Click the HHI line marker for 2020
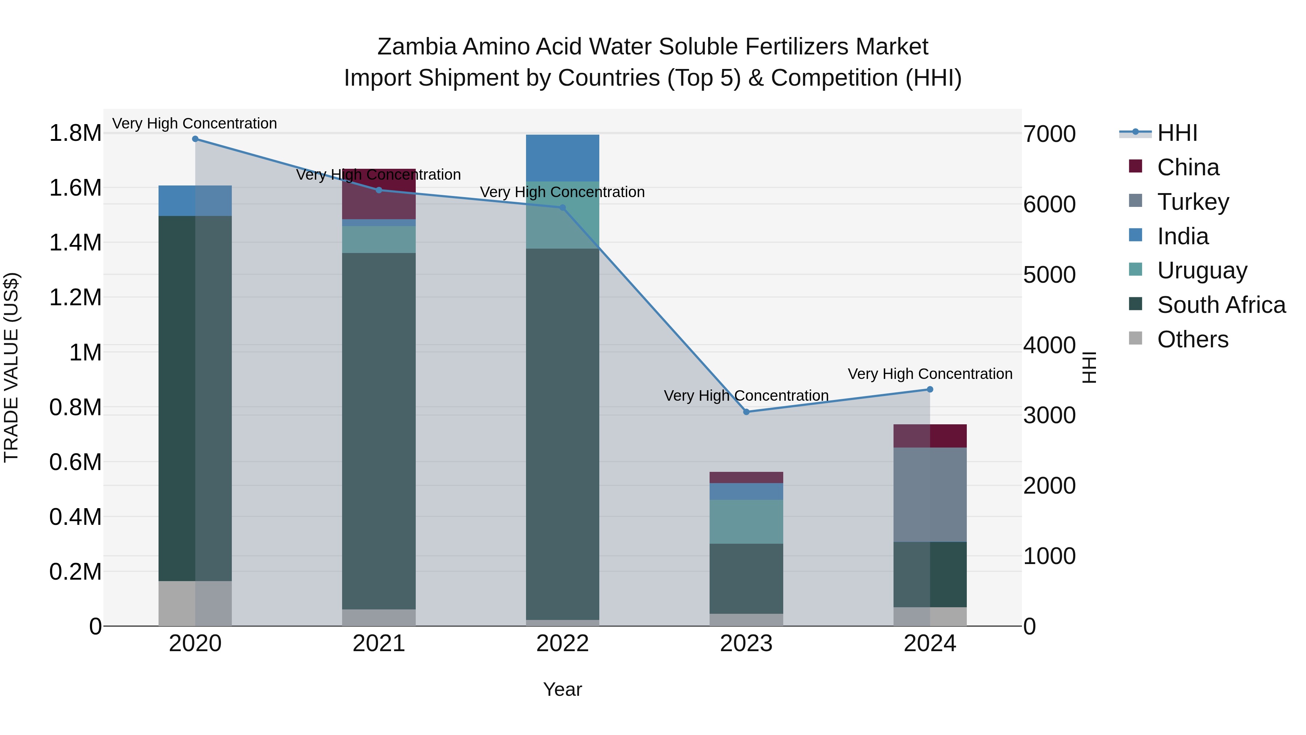[x=195, y=139]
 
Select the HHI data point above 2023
[x=746, y=412]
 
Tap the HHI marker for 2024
[x=930, y=389]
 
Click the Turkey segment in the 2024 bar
[x=930, y=495]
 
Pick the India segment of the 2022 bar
[x=562, y=158]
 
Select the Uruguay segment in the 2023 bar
[x=746, y=522]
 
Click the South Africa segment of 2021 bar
[x=379, y=431]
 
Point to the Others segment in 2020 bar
[x=195, y=603]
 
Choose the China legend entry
[x=1188, y=167]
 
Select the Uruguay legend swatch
[x=1135, y=269]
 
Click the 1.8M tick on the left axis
[x=75, y=134]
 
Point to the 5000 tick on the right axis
[x=1049, y=274]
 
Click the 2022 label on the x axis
[x=562, y=644]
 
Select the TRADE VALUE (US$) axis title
[x=11, y=367]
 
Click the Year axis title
[x=562, y=689]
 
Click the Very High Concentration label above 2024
[x=930, y=374]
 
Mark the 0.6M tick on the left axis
[x=75, y=462]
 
